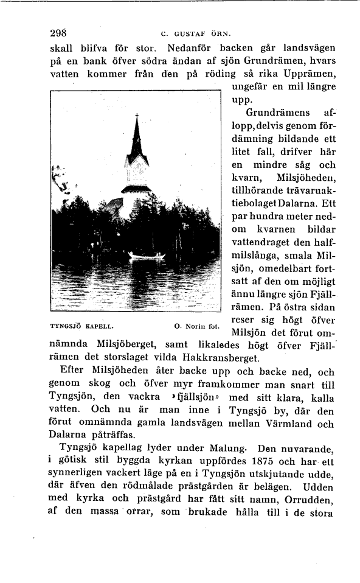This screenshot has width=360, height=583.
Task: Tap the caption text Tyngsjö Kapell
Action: pyautogui.click(x=78, y=326)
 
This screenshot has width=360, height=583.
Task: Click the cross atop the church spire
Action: pyautogui.click(x=137, y=116)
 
